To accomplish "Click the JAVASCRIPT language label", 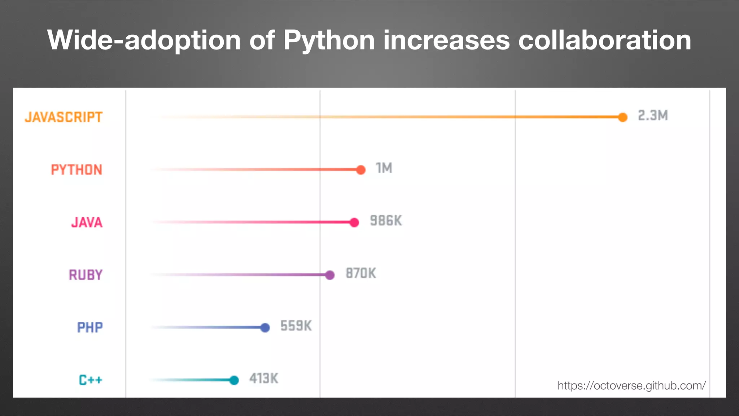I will pyautogui.click(x=64, y=117).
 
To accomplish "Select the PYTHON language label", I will pyautogui.click(x=76, y=170).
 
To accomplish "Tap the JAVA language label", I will pyautogui.click(x=87, y=222).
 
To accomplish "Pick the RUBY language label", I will pyautogui.click(x=86, y=275).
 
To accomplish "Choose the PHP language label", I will pyautogui.click(x=90, y=328).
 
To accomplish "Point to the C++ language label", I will pyautogui.click(x=91, y=380).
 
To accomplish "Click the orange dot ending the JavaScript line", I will pyautogui.click(x=622, y=117).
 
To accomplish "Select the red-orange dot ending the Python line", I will pyautogui.click(x=360, y=170).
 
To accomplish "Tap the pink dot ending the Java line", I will pyautogui.click(x=354, y=222).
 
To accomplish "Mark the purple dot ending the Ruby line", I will pyautogui.click(x=330, y=275).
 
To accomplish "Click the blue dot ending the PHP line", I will pyautogui.click(x=265, y=328).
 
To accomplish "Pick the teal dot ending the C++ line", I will pyautogui.click(x=234, y=380).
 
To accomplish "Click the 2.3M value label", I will pyautogui.click(x=653, y=116).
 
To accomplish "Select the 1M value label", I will pyautogui.click(x=384, y=168).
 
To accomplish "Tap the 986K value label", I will pyautogui.click(x=386, y=221).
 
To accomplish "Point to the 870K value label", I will pyautogui.click(x=361, y=273).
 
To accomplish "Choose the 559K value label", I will pyautogui.click(x=296, y=326).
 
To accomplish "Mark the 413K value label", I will pyautogui.click(x=264, y=379).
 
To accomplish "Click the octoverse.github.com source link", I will pyautogui.click(x=631, y=386).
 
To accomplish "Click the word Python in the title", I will pyautogui.click(x=329, y=40).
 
